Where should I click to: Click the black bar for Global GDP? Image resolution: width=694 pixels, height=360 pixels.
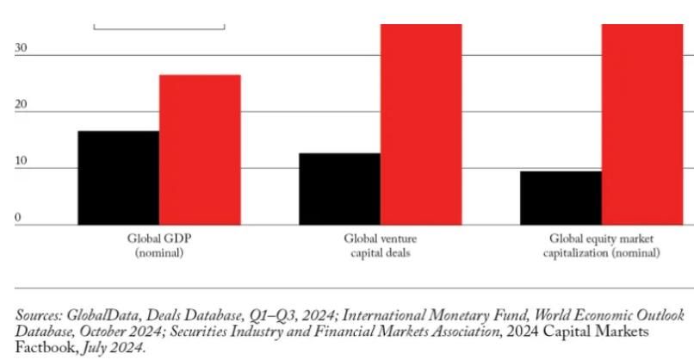[118, 177]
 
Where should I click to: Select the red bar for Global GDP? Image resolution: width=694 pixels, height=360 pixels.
[200, 149]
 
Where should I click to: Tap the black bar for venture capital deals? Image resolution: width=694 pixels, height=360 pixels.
[339, 189]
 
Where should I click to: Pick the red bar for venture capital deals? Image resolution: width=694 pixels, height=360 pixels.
[421, 124]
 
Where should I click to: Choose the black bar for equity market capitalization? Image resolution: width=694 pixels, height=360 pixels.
[561, 197]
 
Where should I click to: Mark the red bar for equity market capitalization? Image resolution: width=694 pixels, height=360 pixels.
[642, 124]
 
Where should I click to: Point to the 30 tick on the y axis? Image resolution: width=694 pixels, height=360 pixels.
[21, 49]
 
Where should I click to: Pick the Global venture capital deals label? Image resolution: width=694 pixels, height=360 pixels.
[379, 245]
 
